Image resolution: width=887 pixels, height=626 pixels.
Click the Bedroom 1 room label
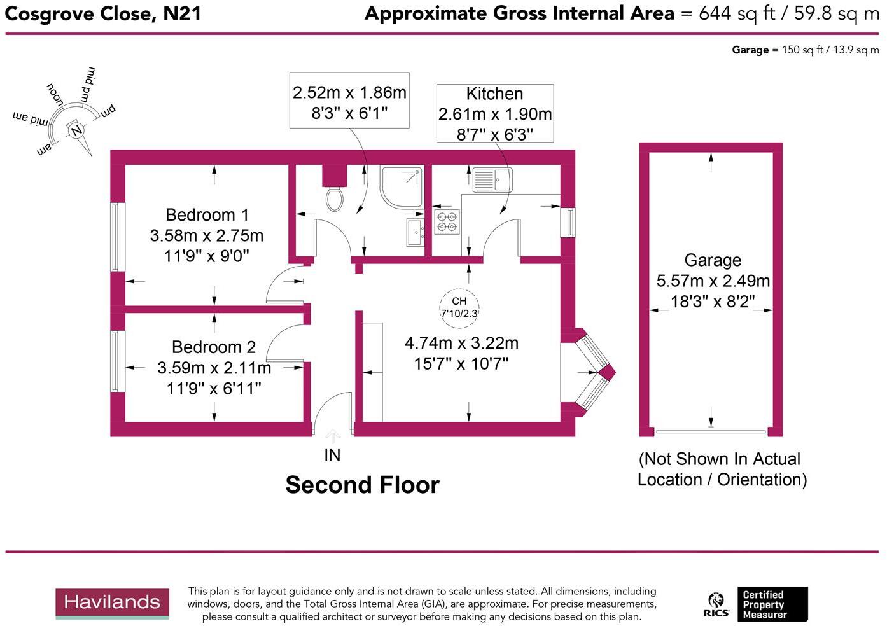pos(207,215)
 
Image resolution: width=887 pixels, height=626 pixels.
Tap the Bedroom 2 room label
pos(214,347)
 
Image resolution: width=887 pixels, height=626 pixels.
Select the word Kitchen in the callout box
pos(494,94)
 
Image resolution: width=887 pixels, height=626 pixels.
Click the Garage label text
pos(713,260)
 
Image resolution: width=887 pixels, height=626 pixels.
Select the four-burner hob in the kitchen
pos(447,221)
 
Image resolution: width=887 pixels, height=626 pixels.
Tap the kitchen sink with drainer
pos(492,180)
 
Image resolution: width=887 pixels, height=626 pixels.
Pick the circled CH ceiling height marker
pos(459,307)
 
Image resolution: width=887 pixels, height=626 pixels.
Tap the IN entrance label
pos(332,455)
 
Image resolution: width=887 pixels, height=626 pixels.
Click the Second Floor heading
pos(362,485)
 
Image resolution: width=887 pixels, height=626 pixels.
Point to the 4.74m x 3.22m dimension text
pos(461,344)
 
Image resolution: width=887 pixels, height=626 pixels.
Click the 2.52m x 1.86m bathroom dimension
pos(349,93)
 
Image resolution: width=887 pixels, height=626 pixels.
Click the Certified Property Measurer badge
pos(771,604)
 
